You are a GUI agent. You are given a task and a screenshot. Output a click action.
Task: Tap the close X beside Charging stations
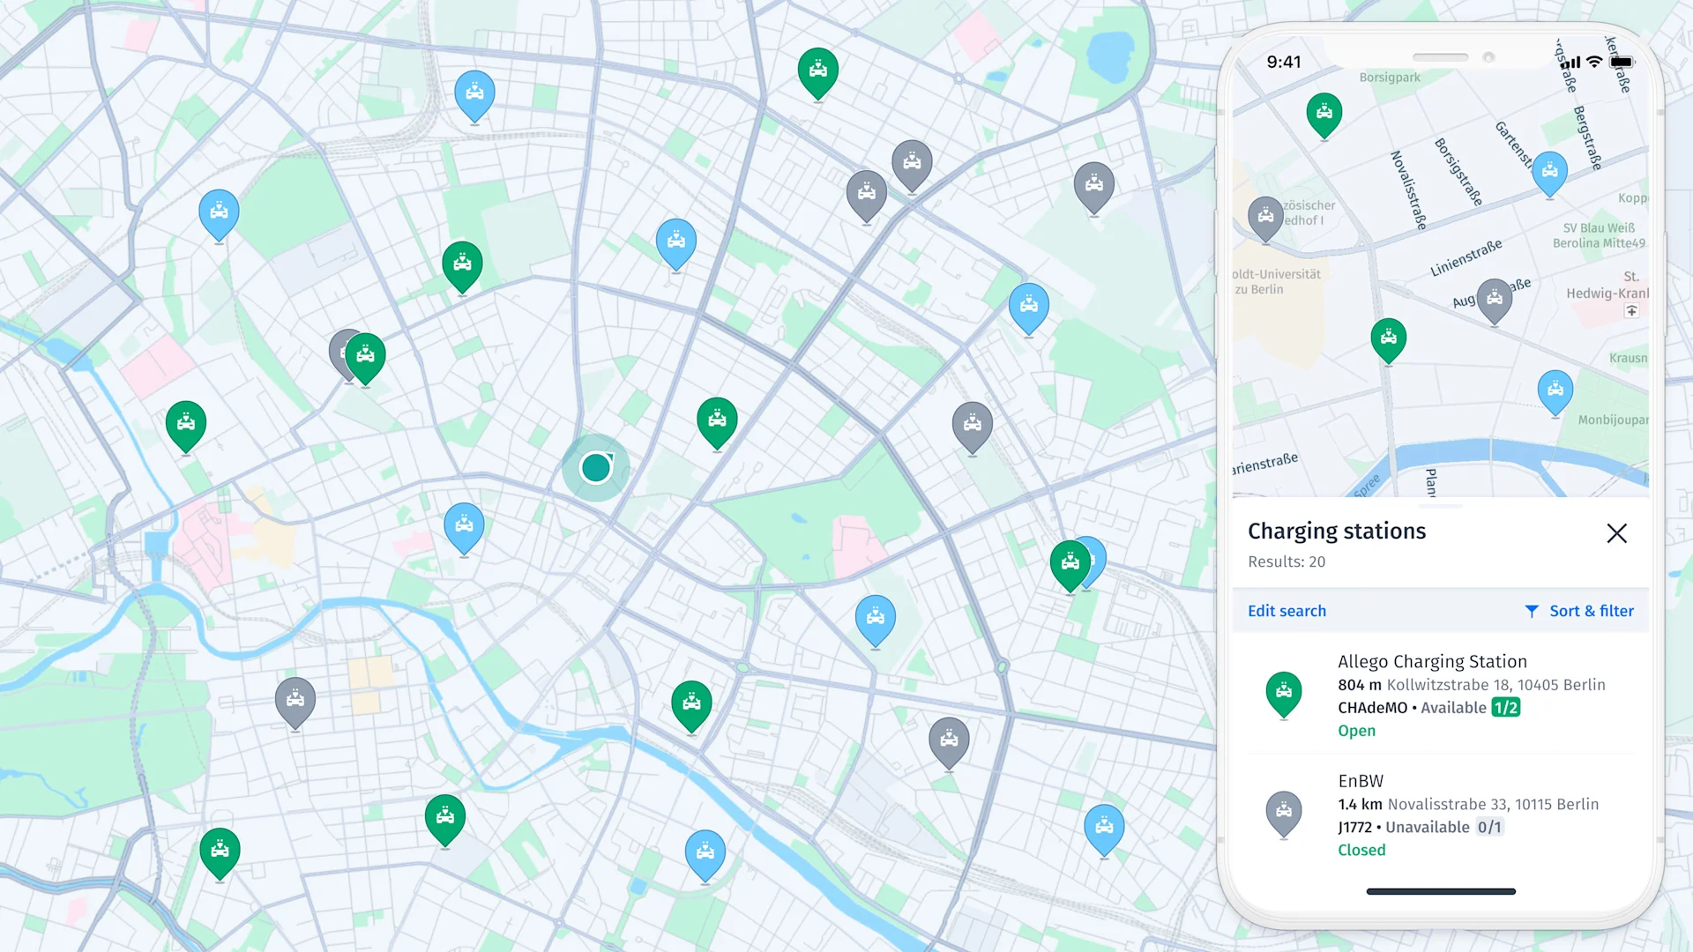point(1616,533)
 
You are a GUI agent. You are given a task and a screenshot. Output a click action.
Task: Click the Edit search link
point(1287,611)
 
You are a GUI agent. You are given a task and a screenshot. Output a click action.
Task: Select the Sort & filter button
point(1579,611)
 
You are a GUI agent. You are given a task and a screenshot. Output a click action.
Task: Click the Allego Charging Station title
point(1432,661)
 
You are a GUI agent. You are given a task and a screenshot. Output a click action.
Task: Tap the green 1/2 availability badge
point(1505,708)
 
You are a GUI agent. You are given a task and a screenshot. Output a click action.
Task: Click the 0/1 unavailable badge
point(1489,827)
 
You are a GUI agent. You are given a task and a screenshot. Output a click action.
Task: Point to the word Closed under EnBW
point(1361,850)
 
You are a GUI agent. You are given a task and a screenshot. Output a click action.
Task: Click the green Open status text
point(1356,731)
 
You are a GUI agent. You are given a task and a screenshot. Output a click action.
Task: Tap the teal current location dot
point(596,467)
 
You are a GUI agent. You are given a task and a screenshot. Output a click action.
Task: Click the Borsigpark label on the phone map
point(1390,78)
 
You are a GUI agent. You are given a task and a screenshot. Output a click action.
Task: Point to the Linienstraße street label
point(1466,257)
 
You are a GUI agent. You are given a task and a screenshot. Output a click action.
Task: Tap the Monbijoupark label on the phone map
point(1613,420)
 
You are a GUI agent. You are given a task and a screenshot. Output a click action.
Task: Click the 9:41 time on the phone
point(1284,62)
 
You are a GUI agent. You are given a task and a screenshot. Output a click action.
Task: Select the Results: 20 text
point(1287,562)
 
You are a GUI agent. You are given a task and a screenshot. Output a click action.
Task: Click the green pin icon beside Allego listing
point(1284,693)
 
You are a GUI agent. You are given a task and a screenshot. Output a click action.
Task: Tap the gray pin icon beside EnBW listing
point(1284,812)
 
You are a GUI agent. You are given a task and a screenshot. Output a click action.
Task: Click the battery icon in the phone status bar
point(1622,63)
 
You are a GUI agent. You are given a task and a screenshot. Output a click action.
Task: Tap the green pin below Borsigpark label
point(1324,114)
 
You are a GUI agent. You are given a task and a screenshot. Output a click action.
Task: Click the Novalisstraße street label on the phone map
point(1408,190)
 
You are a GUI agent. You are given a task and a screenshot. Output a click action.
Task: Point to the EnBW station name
point(1361,781)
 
